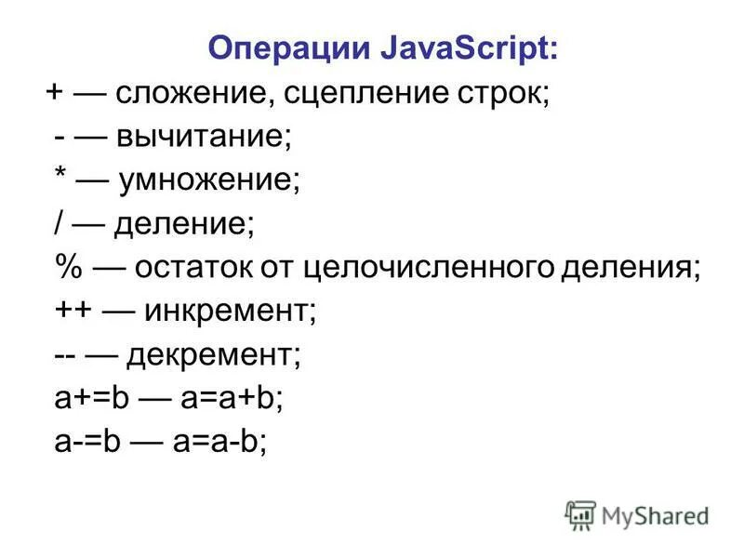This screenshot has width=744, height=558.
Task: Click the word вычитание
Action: pos(204,139)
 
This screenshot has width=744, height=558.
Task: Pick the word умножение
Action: pos(210,181)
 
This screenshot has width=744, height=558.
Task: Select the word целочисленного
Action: pos(431,268)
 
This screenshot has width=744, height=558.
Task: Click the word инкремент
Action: pos(231,312)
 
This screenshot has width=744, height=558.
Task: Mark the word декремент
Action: pos(214,355)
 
